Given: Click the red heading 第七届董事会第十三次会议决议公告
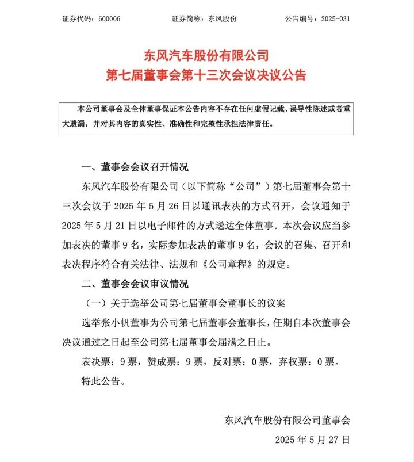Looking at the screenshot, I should tap(206, 75).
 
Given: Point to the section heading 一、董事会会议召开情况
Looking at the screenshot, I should tap(135, 167).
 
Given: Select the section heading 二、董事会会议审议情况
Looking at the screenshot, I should tap(135, 284).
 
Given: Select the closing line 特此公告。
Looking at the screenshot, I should tap(103, 381).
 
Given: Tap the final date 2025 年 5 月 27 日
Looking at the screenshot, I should tap(312, 440).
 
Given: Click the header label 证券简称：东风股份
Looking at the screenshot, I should tap(204, 19).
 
